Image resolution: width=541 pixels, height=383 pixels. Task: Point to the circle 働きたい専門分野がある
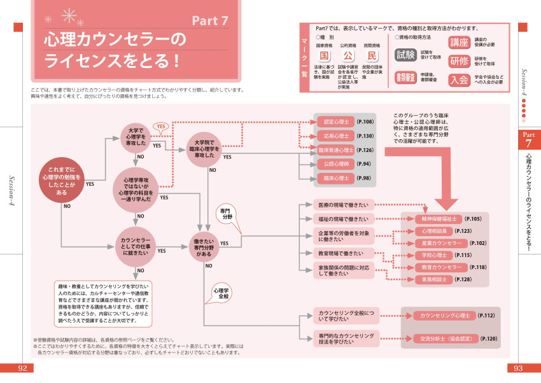tap(205, 244)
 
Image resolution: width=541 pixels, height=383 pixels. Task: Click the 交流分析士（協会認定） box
tap(441, 338)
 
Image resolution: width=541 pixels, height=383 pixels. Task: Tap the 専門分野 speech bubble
tap(227, 213)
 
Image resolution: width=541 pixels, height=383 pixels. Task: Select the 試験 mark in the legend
tap(405, 55)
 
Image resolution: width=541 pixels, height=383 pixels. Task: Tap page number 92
tap(22, 368)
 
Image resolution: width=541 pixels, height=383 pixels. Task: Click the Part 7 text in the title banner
tap(210, 20)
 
